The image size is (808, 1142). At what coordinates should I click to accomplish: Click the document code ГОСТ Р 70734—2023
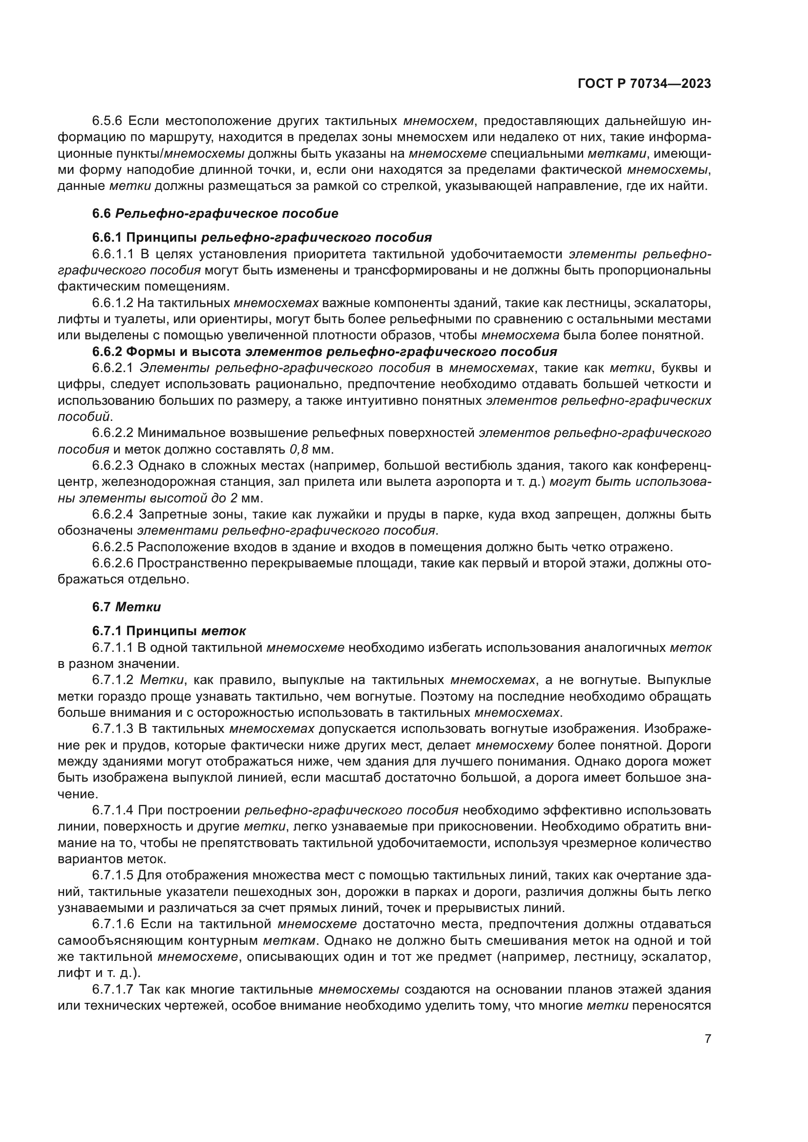point(644,84)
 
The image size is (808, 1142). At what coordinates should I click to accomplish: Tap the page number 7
point(707,1039)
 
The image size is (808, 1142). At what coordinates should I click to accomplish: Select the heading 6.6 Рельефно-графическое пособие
point(215,213)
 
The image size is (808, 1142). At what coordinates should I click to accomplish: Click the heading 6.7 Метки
point(127,607)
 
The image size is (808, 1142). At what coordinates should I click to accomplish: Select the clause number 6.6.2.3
point(113,466)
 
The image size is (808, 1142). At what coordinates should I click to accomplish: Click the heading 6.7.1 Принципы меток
point(169,631)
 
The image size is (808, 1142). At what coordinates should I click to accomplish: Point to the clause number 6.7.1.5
point(113,875)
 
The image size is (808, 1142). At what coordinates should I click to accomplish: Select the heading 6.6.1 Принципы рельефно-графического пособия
point(262,237)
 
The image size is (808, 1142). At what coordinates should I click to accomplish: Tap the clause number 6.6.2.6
point(113,563)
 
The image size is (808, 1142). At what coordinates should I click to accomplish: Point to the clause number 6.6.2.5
point(113,547)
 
